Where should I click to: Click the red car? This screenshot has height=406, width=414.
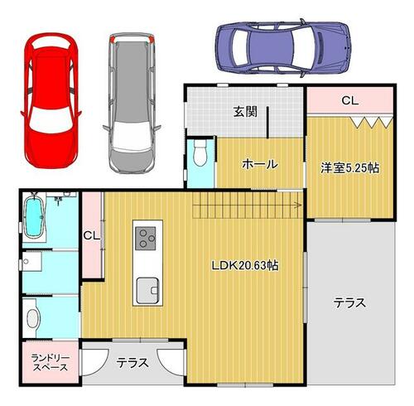51,101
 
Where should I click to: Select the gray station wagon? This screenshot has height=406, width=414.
132,104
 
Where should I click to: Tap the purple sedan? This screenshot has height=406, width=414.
283,48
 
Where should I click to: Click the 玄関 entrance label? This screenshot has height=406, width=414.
245,112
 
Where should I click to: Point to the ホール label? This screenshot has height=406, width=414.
260,164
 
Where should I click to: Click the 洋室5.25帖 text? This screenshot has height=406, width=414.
349,167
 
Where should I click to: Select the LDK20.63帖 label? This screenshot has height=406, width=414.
245,265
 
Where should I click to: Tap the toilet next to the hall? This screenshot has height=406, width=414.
200,152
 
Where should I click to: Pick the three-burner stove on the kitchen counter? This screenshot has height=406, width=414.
145,238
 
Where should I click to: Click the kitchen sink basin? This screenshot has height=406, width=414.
147,290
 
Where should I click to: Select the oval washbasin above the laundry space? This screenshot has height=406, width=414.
32,318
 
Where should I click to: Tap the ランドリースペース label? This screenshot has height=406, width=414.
50,363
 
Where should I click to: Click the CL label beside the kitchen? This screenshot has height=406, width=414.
92,235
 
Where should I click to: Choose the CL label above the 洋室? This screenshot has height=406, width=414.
350,100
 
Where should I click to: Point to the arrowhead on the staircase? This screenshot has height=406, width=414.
298,205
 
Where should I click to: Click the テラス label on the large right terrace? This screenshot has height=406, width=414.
349,302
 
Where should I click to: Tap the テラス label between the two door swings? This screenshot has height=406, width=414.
132,363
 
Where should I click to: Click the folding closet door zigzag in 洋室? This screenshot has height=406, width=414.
371,122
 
